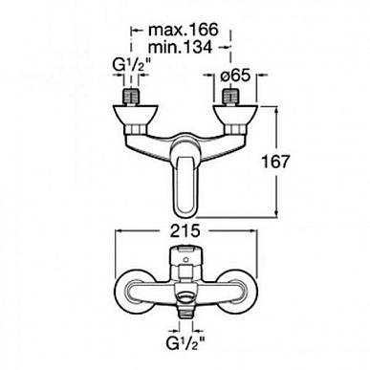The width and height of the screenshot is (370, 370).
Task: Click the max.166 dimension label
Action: (x=184, y=30)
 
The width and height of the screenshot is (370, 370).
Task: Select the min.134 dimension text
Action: (x=181, y=48)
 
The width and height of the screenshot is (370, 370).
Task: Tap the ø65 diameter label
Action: (x=235, y=76)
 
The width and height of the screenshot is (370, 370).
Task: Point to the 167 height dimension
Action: (x=275, y=162)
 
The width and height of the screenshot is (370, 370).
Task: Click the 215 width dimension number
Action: (x=185, y=230)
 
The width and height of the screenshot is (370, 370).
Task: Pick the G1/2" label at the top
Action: (x=130, y=67)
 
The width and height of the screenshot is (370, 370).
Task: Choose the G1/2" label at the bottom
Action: (x=185, y=343)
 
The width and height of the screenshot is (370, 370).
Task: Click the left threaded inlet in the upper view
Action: (x=131, y=97)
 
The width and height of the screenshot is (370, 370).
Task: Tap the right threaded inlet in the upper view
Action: (x=231, y=97)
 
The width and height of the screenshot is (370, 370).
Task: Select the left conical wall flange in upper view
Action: (x=136, y=115)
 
